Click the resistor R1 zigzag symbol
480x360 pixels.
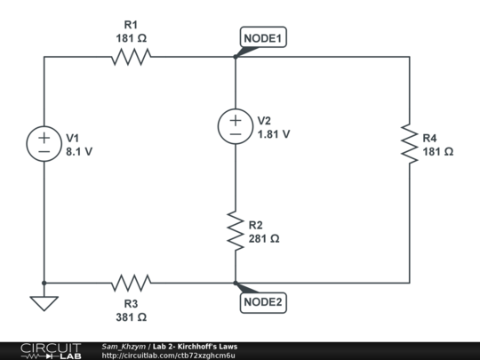(131, 57)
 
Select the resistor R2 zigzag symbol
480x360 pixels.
(236, 231)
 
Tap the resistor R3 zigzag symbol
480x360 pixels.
(131, 284)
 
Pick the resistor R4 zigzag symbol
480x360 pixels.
(409, 144)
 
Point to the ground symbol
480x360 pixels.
(44, 303)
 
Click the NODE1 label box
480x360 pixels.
(264, 38)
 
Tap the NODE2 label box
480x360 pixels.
(264, 302)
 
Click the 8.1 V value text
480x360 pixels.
(79, 152)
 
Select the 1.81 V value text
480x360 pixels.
(274, 134)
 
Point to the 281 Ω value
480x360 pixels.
(265, 239)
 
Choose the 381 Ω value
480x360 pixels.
(131, 316)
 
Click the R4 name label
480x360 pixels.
(429, 139)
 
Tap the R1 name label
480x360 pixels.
(131, 25)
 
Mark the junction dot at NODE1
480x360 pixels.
(236, 57)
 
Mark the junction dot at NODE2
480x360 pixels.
(236, 284)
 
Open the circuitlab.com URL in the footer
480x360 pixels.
(168, 356)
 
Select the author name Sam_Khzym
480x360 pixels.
(124, 346)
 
